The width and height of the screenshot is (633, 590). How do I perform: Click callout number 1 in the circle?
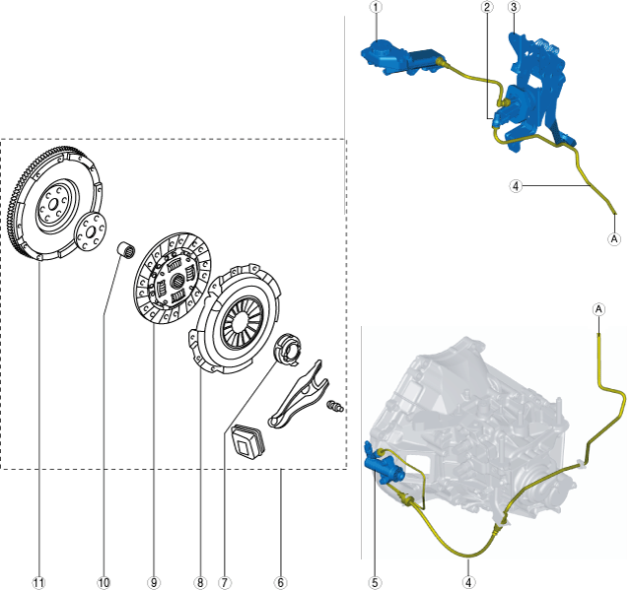click(x=375, y=7)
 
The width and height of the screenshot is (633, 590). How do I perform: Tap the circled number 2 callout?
click(x=487, y=7)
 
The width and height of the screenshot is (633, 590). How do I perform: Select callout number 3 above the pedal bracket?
click(x=514, y=7)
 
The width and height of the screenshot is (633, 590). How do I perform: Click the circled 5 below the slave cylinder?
click(x=375, y=582)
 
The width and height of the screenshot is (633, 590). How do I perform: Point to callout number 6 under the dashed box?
click(x=281, y=582)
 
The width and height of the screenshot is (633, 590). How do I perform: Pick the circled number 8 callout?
click(x=200, y=582)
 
